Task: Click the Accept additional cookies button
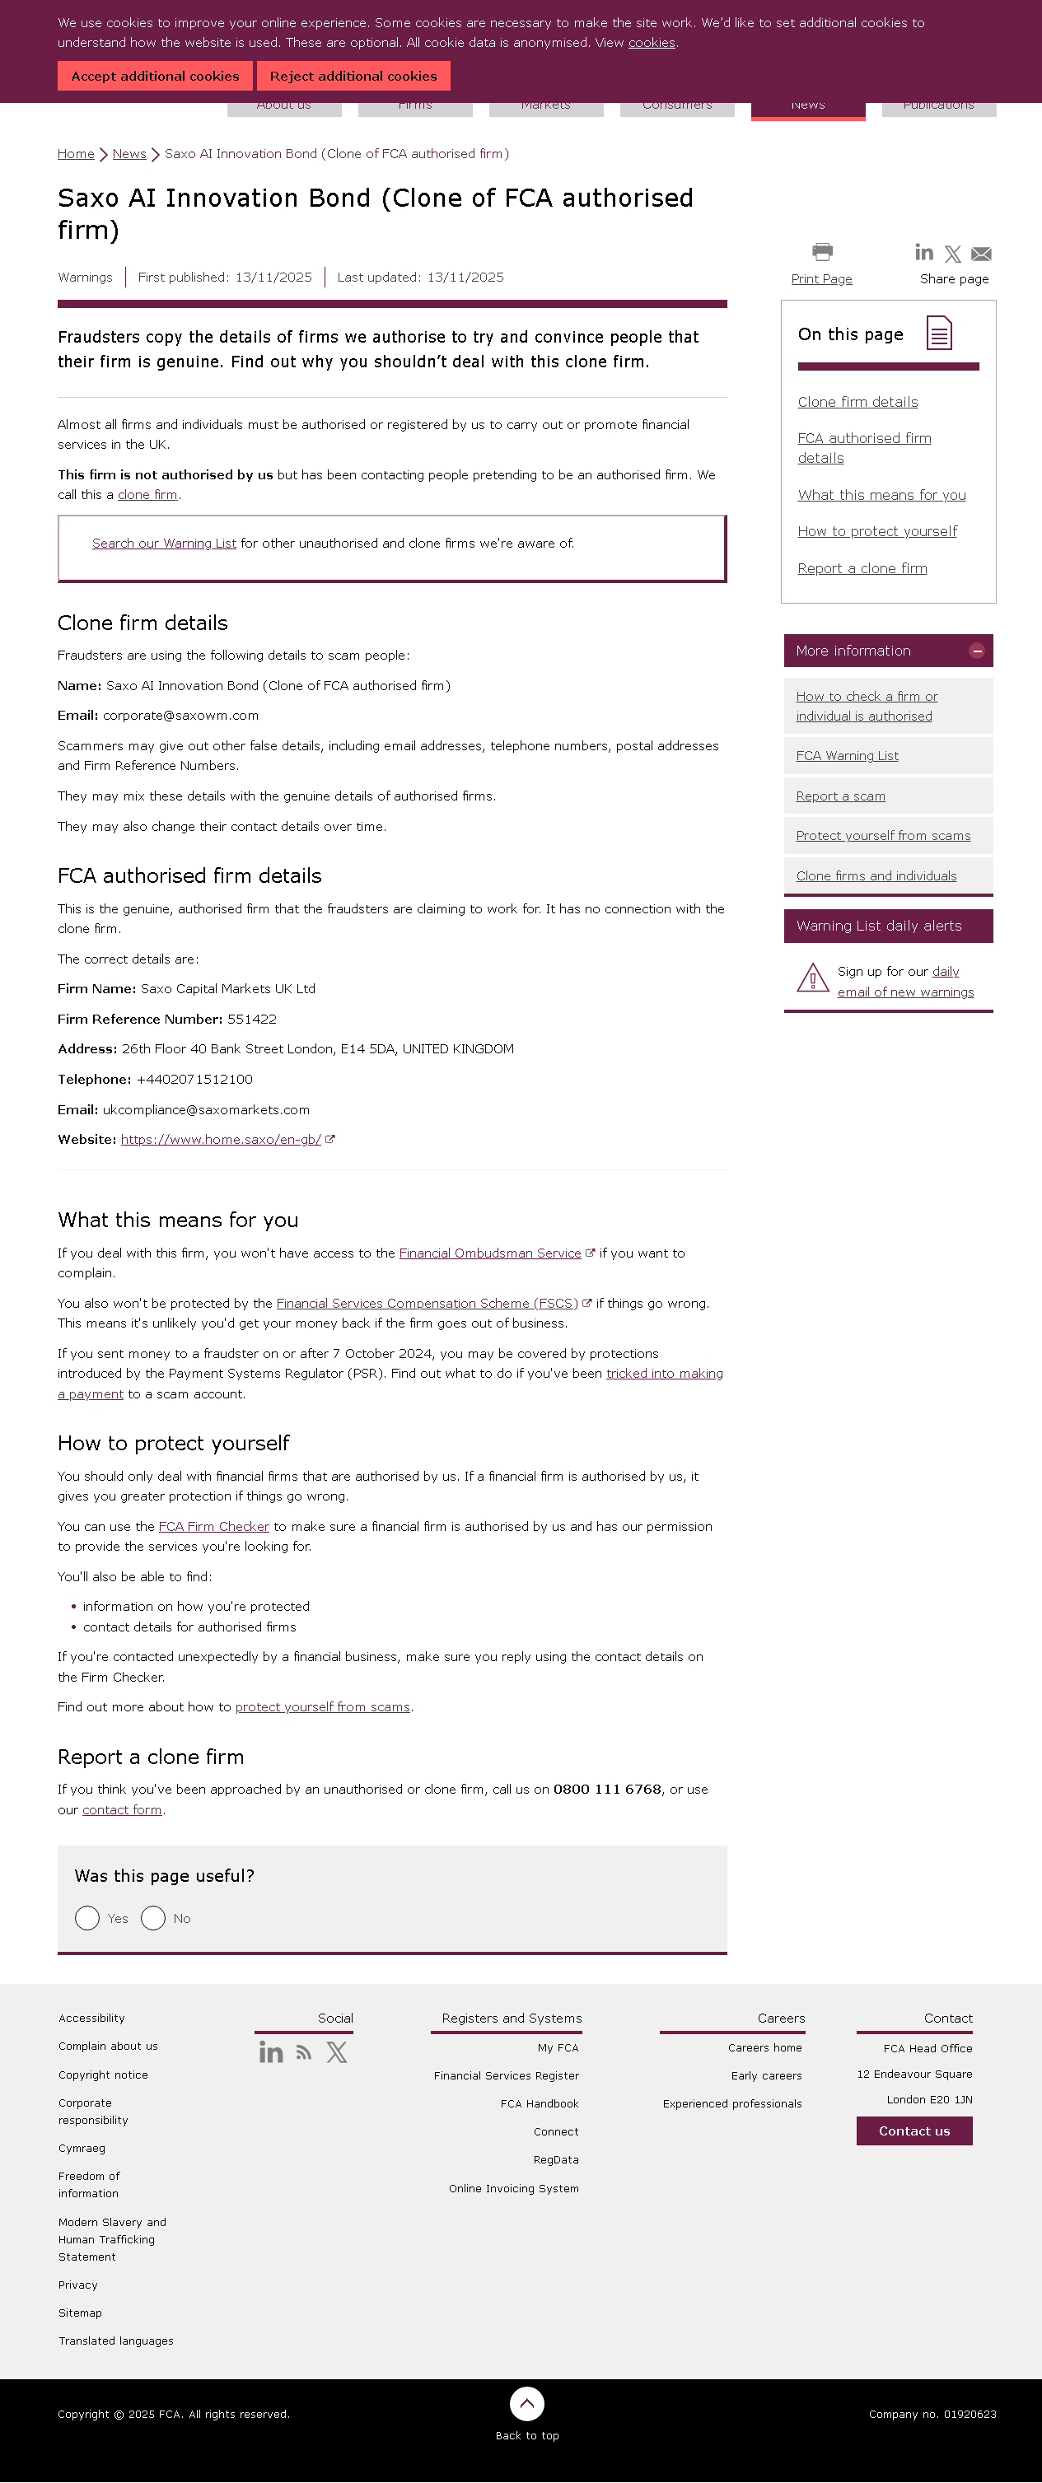pos(155,76)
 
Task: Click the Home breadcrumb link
pos(75,154)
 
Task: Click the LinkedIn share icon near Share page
pos(923,253)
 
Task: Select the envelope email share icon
pos(981,254)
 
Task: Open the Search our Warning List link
pos(164,544)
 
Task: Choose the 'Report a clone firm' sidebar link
pos(862,569)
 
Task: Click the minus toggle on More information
pos(976,651)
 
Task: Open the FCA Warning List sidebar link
pos(846,757)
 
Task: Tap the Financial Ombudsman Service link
pos(489,1254)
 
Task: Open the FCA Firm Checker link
pos(213,1527)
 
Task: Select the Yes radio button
pos(87,1919)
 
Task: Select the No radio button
pos(153,1919)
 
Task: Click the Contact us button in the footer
pos(914,2131)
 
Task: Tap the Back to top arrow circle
pos(526,2404)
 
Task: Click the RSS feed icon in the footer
pos(304,2053)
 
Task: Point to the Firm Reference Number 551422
pos(251,1020)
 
